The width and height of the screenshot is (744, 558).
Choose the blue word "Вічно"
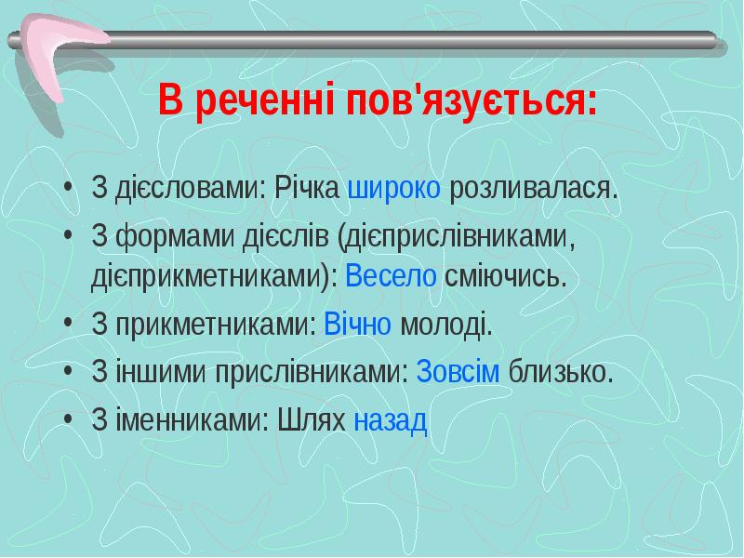[358, 326]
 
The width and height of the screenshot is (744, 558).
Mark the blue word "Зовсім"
[458, 374]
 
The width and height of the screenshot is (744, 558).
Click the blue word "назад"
[392, 421]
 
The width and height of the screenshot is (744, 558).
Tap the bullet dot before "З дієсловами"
[70, 192]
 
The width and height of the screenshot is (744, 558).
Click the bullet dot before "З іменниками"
[70, 422]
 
